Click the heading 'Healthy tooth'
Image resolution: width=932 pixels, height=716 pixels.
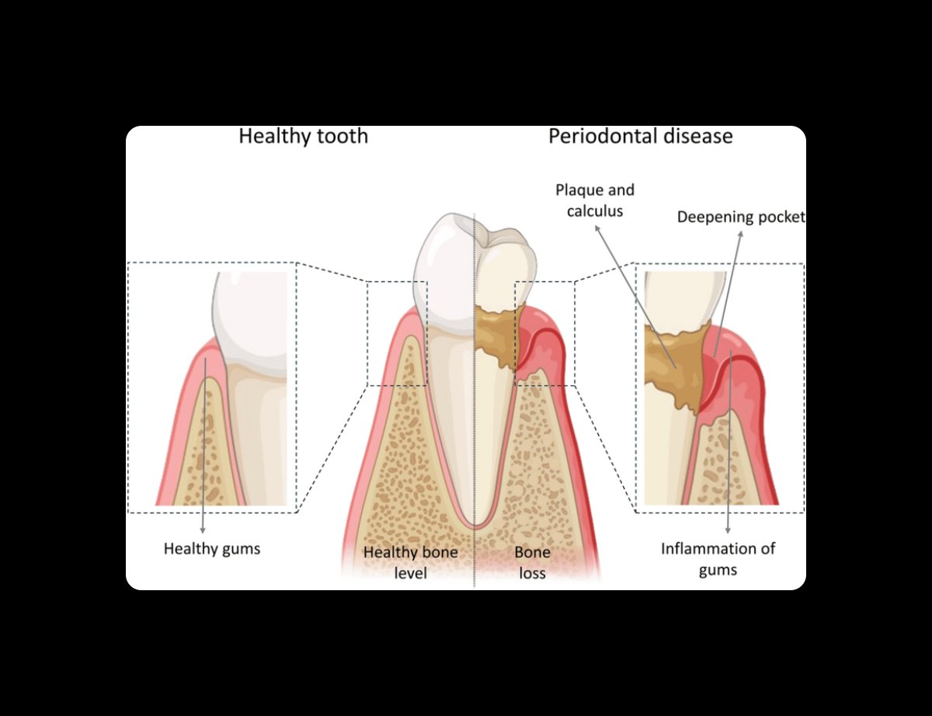pyautogui.click(x=303, y=137)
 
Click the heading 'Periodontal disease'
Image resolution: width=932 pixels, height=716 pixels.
pyautogui.click(x=640, y=137)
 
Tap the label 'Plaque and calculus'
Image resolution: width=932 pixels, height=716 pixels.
pyautogui.click(x=595, y=200)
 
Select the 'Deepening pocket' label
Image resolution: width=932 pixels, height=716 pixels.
pyautogui.click(x=740, y=217)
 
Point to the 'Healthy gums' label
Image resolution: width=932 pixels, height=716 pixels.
pyautogui.click(x=211, y=548)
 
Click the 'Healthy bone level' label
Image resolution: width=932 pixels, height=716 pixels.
pyautogui.click(x=410, y=563)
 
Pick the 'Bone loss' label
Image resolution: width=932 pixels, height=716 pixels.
pyautogui.click(x=532, y=563)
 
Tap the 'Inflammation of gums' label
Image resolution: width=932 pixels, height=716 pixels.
pyautogui.click(x=718, y=559)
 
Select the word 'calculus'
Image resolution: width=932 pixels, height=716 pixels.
pyautogui.click(x=595, y=210)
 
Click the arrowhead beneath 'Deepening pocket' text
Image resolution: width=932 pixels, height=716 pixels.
pyautogui.click(x=739, y=233)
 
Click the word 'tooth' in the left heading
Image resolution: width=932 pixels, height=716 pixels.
pyautogui.click(x=341, y=137)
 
